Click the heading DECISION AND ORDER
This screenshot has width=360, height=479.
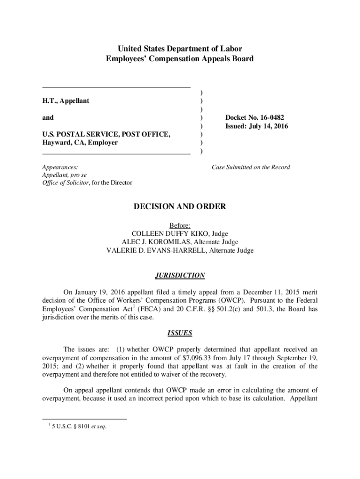[180, 206]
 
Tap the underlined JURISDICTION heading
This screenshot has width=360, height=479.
[180, 276]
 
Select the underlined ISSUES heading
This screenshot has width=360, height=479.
[180, 334]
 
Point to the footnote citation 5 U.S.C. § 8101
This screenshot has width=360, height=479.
[73, 426]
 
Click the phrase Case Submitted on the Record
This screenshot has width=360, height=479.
[251, 167]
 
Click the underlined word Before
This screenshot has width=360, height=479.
[180, 225]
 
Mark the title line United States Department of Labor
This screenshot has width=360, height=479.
[180, 49]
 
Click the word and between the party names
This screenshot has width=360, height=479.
[48, 117]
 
